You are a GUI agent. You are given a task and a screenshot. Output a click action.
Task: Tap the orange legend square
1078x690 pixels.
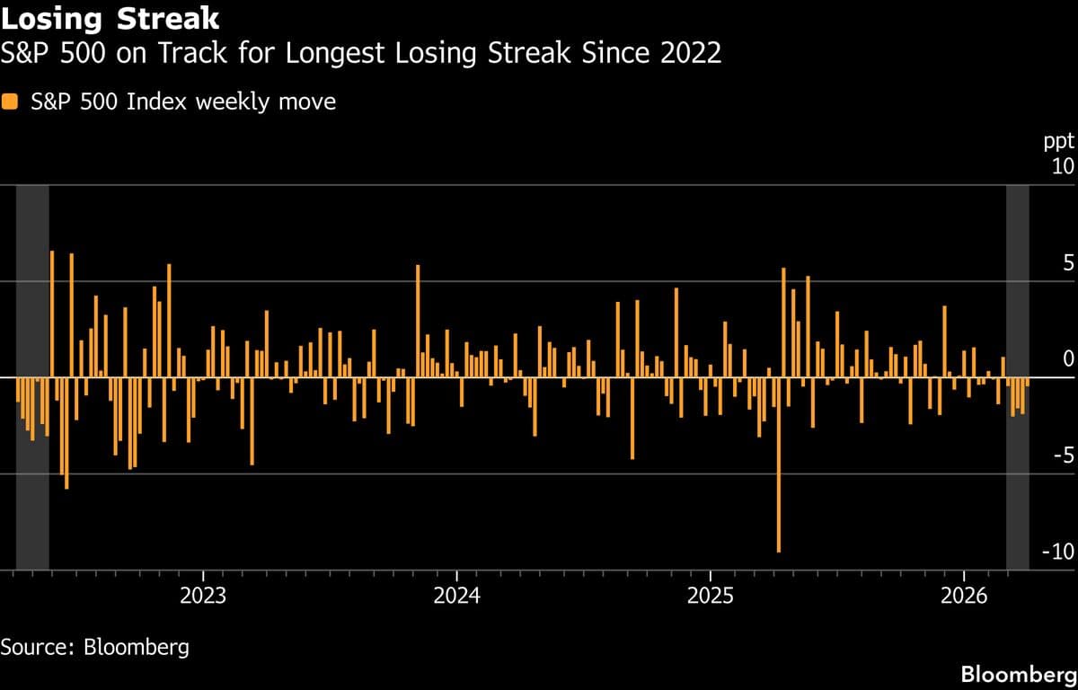tap(10, 102)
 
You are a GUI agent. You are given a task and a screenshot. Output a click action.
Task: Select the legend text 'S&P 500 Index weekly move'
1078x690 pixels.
tap(183, 102)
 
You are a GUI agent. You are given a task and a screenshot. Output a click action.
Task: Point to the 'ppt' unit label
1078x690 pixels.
tap(1058, 142)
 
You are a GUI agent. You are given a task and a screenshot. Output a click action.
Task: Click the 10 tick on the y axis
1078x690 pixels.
tap(1062, 167)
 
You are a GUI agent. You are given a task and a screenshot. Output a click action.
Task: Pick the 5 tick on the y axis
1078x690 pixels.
tap(1067, 263)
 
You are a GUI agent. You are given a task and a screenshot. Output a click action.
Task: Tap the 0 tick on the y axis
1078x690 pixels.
tap(1067, 359)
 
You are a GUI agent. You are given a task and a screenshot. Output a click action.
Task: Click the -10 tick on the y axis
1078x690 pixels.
tap(1057, 552)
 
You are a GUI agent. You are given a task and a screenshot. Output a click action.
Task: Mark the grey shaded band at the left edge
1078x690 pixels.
tap(32, 377)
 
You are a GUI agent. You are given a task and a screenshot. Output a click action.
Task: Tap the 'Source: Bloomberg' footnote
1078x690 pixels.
tap(95, 647)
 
